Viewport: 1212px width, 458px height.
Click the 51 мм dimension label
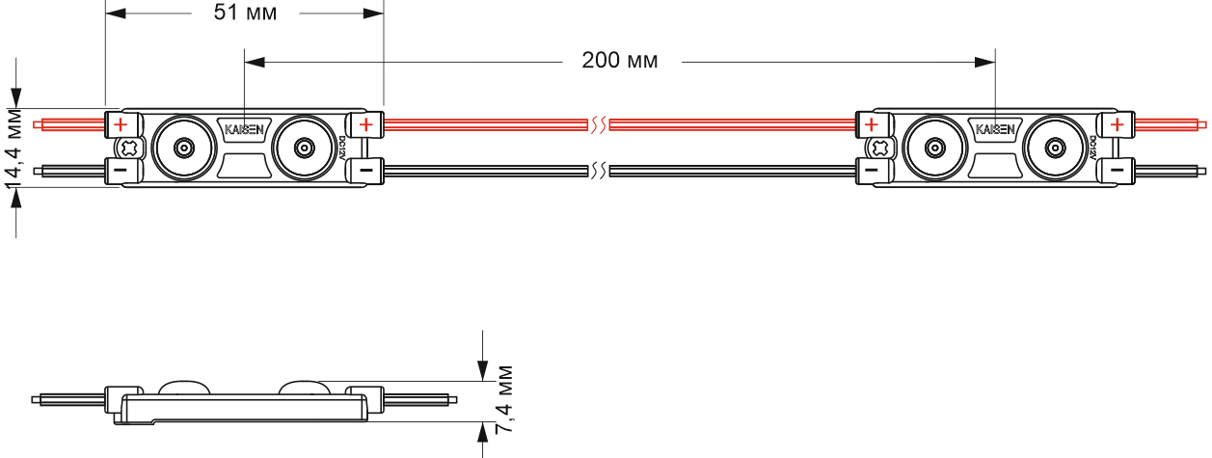(x=245, y=12)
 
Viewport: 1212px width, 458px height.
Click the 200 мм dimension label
(x=620, y=60)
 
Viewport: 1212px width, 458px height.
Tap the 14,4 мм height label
(x=14, y=148)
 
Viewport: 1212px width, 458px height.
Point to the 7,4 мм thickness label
(x=504, y=399)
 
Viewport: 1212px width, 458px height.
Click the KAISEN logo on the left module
(x=244, y=129)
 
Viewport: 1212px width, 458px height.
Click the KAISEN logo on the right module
(x=995, y=129)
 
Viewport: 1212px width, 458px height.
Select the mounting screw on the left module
(x=129, y=148)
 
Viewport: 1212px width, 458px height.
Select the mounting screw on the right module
(x=879, y=148)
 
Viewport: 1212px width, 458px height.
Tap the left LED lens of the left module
(x=184, y=148)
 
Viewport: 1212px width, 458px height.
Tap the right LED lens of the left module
(x=304, y=148)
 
